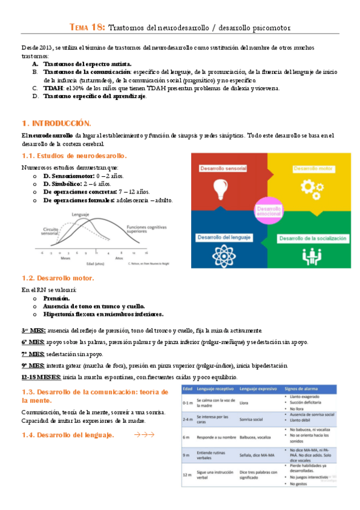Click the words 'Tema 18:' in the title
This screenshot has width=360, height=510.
click(88, 28)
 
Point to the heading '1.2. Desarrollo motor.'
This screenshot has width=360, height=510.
click(58, 278)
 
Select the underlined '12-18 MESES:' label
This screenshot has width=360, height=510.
click(41, 376)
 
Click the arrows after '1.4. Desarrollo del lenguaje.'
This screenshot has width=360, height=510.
click(144, 417)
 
